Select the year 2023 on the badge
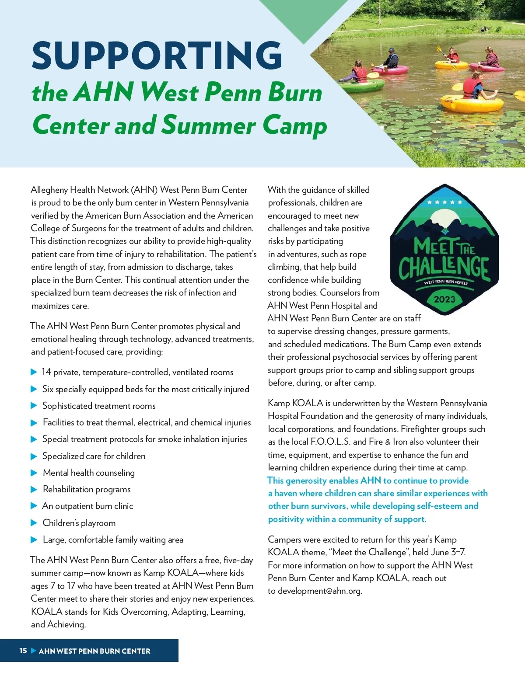tap(444, 299)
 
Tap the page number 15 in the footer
tap(23, 651)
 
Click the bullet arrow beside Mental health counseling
tap(34, 473)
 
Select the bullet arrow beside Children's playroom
tap(34, 523)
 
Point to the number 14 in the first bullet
tap(46, 372)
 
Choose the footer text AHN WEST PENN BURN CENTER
tap(94, 651)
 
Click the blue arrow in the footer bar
tap(33, 651)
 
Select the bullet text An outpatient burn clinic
tap(87, 506)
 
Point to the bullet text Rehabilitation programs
tap(87, 489)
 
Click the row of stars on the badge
tap(444, 202)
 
